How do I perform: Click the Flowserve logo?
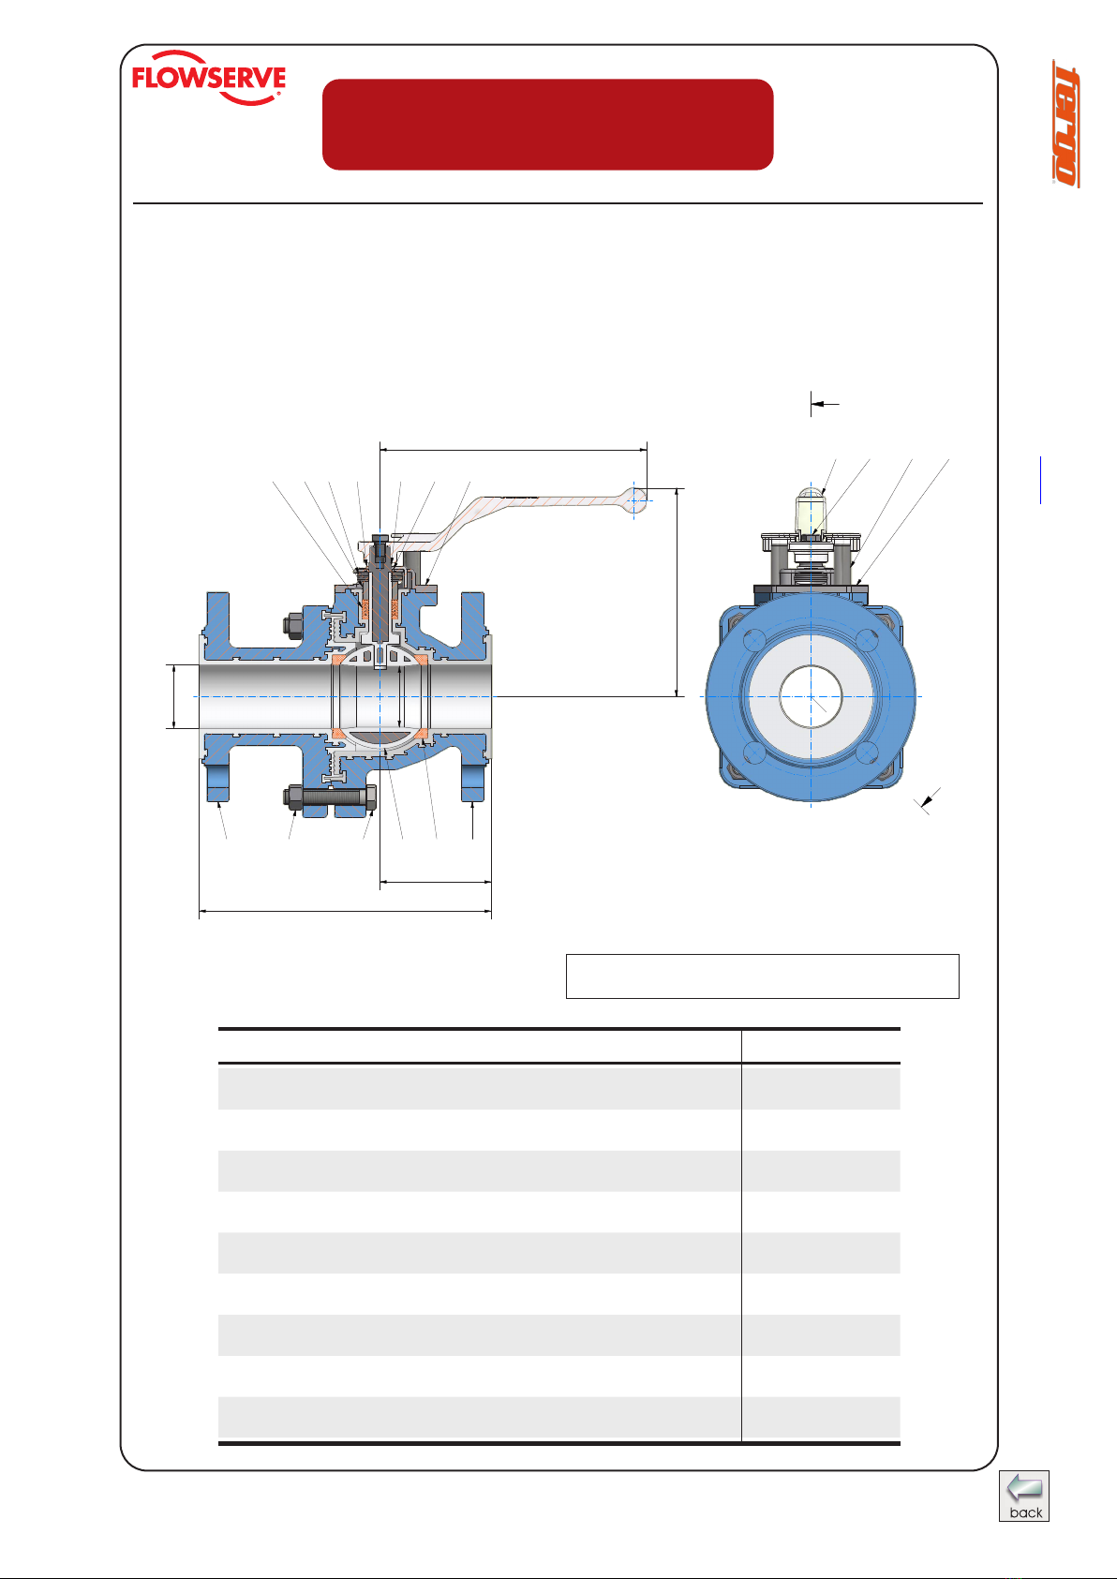click(209, 78)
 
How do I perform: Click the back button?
click(1023, 1496)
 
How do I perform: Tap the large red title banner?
click(547, 124)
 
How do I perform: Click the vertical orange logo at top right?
click(1065, 124)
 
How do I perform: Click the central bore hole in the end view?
click(811, 696)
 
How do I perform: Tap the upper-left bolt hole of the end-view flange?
click(754, 640)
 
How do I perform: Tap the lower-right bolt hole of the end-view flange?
click(867, 752)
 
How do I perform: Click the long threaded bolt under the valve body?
click(329, 797)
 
